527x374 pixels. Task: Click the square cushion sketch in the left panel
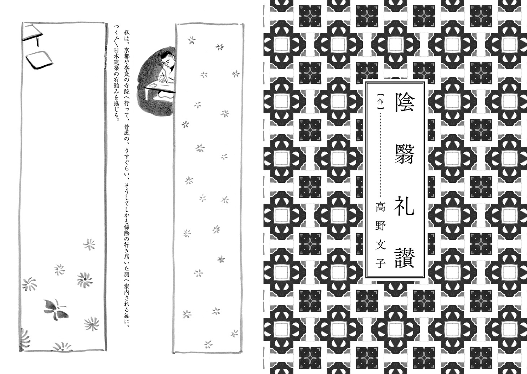(x=38, y=58)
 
